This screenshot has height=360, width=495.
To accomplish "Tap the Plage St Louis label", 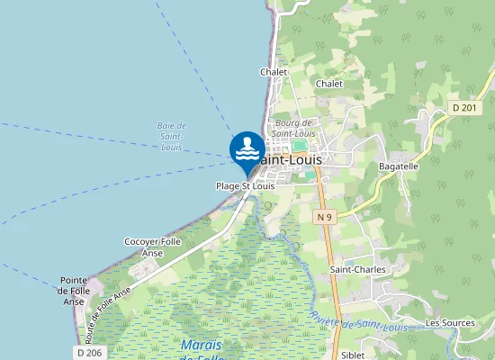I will click(x=245, y=186).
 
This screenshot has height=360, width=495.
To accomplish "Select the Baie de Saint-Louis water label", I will click(x=171, y=135).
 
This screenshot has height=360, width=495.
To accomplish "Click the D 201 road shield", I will click(x=463, y=108).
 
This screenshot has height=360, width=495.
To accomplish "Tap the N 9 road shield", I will click(x=326, y=217).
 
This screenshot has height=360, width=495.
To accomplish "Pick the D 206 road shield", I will click(x=90, y=353).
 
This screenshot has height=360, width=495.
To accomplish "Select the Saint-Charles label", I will click(x=357, y=269).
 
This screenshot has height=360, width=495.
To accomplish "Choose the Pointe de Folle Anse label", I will click(x=73, y=291).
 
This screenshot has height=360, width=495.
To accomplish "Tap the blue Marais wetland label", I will click(x=201, y=346).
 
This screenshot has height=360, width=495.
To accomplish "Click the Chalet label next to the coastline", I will click(x=274, y=72).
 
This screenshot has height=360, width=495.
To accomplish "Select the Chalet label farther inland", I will click(x=329, y=84).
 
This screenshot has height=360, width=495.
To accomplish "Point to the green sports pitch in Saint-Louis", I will click(x=299, y=144).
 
